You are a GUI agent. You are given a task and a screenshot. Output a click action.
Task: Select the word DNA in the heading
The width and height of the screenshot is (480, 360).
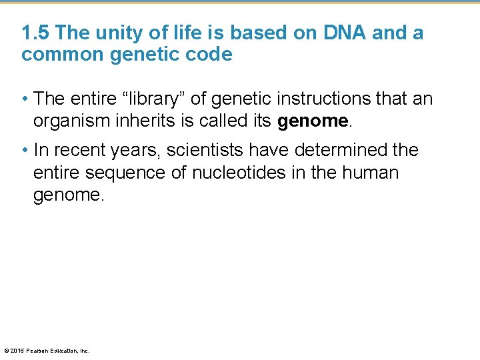[x=341, y=33]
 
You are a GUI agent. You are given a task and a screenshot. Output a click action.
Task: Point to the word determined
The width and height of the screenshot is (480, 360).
[x=339, y=150]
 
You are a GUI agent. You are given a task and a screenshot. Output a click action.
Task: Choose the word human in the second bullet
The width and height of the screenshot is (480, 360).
[x=370, y=173]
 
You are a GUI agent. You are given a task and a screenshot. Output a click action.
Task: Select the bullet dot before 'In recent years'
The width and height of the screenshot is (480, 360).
[x=25, y=151]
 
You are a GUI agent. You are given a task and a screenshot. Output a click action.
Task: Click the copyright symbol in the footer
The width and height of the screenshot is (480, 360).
[x=7, y=350]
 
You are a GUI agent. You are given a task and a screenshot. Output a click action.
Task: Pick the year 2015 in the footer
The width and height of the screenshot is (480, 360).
[x=17, y=350]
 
